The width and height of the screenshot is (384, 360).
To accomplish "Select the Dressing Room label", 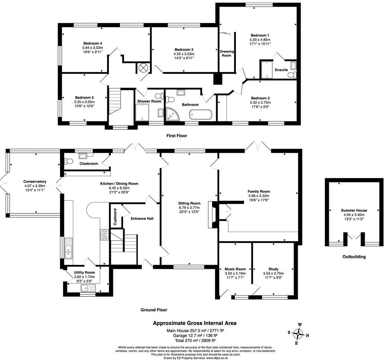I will pos(226,53).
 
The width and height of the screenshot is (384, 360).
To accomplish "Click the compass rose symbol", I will pos(298,333).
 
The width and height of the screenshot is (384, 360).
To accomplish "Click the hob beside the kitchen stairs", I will pos(104,234).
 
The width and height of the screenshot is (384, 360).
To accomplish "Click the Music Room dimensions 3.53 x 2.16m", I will pos(235,273).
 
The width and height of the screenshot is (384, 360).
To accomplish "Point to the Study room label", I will pos(273,269).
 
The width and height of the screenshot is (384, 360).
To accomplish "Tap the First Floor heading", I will pos(176,136).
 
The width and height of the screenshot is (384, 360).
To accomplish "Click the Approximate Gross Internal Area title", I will pos(195,323).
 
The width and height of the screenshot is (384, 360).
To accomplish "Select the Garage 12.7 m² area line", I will pos(195,335).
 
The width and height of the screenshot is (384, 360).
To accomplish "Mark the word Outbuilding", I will pos(354,257).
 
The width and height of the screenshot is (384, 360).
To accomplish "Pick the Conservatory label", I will pos(34,181).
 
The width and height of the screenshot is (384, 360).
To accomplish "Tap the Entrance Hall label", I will pos(142,218).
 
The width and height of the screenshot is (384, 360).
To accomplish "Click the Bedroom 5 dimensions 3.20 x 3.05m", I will pos(84,102).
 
